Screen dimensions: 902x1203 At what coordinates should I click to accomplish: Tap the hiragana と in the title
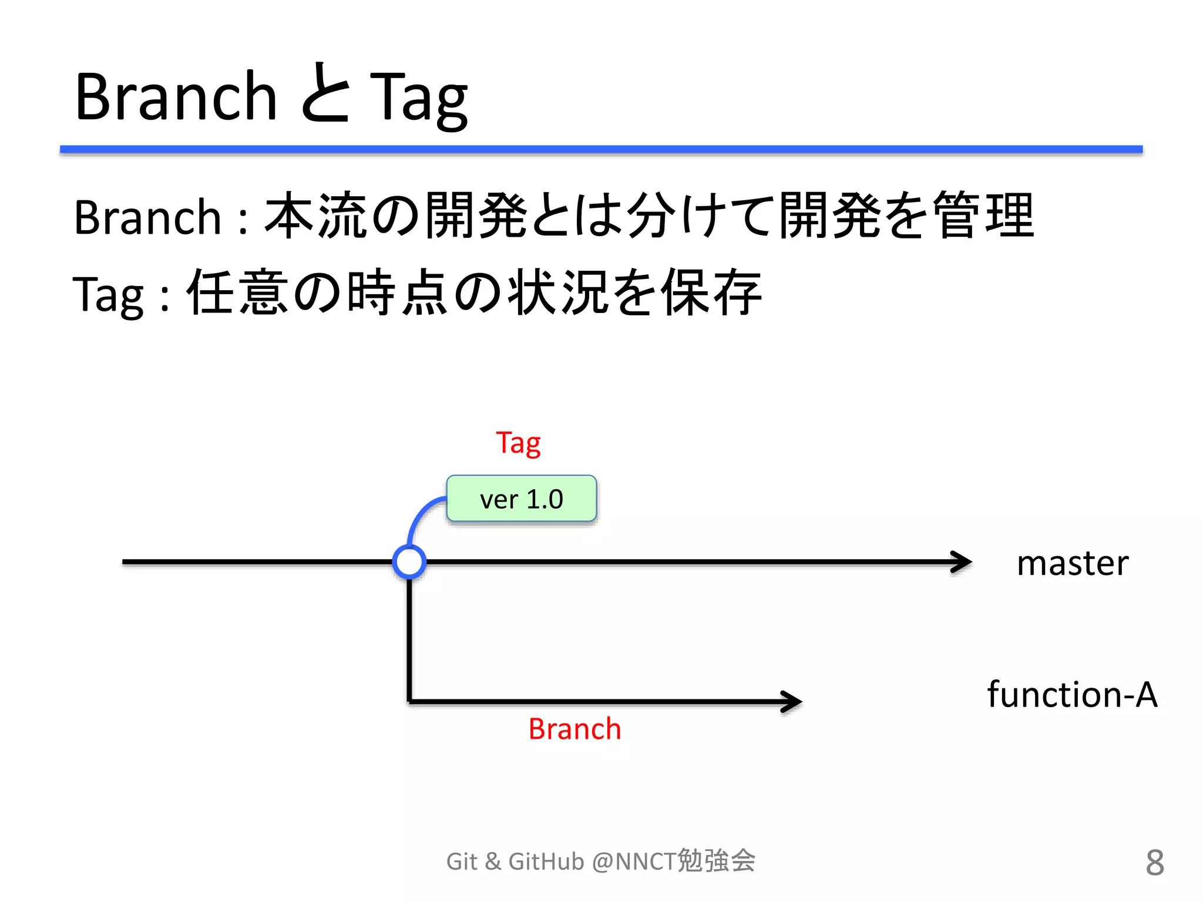[x=325, y=94]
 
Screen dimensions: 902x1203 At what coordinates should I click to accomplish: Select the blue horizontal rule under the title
[x=601, y=149]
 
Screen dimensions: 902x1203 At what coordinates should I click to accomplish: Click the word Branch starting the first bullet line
[x=147, y=217]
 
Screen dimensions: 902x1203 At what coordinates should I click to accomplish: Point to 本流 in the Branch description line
[x=317, y=216]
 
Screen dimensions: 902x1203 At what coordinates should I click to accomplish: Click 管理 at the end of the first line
[x=984, y=216]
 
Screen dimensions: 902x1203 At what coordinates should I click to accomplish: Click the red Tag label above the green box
[x=518, y=443]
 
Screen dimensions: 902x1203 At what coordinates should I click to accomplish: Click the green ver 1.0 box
[x=522, y=499]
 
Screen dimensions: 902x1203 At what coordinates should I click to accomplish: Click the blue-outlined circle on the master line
[x=409, y=562]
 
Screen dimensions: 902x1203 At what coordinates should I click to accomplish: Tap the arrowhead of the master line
[x=962, y=562]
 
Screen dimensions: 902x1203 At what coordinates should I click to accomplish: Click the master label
[x=1072, y=563]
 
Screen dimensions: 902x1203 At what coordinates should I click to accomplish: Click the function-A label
[x=1072, y=694]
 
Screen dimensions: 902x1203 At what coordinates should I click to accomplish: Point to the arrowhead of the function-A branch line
[x=792, y=701]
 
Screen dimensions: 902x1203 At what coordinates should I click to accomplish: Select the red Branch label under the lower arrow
[x=574, y=729]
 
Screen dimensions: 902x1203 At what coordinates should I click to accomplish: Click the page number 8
[x=1154, y=863]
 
